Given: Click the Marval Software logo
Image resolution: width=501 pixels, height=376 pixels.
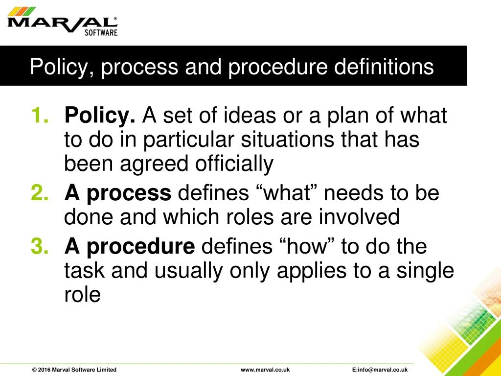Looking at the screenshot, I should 63,23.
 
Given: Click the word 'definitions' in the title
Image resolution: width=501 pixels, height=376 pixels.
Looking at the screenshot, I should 384,67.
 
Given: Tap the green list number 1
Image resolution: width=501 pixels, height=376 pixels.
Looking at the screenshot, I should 39,116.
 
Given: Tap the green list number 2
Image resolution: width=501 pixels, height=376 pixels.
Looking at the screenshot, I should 39,194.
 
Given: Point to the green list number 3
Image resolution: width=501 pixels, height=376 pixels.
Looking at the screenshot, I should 39,246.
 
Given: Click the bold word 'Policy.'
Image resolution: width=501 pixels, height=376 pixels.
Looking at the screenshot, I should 100,116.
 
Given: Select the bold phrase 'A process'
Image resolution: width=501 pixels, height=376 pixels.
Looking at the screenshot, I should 117,194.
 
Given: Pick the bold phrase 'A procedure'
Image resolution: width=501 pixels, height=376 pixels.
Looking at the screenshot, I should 129,246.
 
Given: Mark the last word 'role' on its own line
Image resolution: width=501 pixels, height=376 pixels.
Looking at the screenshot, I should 82,295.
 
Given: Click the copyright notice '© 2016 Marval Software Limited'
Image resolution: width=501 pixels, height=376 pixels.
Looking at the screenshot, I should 74,370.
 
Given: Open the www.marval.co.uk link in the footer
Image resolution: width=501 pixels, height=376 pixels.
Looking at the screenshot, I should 265,370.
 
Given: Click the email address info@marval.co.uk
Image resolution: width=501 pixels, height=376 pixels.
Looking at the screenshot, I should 380,370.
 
